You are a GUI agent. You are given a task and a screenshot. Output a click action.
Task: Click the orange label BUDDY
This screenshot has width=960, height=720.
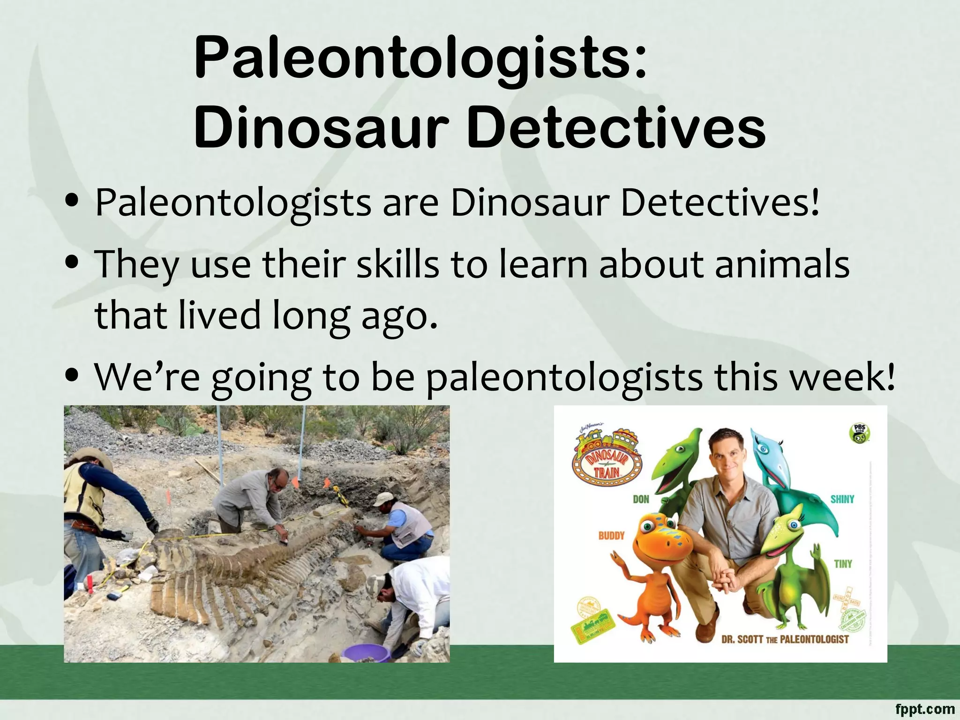(x=611, y=535)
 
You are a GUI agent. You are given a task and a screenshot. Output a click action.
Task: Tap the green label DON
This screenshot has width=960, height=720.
(x=641, y=499)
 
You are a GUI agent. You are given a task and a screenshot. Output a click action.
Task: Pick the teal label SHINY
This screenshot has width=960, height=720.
(x=842, y=499)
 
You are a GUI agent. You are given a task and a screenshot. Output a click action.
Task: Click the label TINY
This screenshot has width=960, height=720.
(x=842, y=564)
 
